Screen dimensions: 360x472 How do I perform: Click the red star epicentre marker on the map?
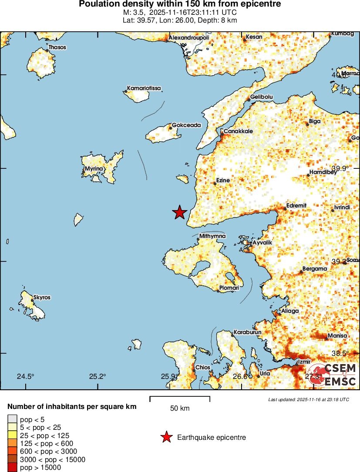click(x=179, y=212)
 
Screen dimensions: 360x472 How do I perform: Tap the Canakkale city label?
click(x=238, y=131)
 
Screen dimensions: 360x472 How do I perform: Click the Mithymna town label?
click(x=212, y=236)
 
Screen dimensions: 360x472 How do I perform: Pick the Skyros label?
click(x=42, y=298)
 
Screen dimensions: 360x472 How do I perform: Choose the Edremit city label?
click(x=296, y=205)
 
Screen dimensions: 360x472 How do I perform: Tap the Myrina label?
click(x=94, y=168)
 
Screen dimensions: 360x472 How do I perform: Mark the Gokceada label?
click(x=186, y=125)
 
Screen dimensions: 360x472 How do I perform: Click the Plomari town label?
click(x=229, y=288)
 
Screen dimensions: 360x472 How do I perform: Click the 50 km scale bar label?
click(x=179, y=408)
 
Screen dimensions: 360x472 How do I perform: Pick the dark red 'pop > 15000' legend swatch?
click(x=12, y=467)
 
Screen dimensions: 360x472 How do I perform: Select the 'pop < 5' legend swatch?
click(x=12, y=418)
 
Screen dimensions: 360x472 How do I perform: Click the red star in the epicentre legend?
click(x=166, y=437)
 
